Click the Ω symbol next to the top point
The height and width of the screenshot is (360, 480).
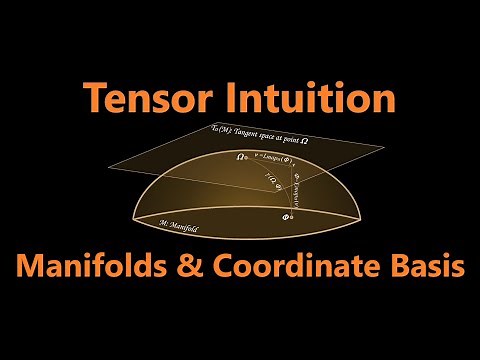240,157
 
